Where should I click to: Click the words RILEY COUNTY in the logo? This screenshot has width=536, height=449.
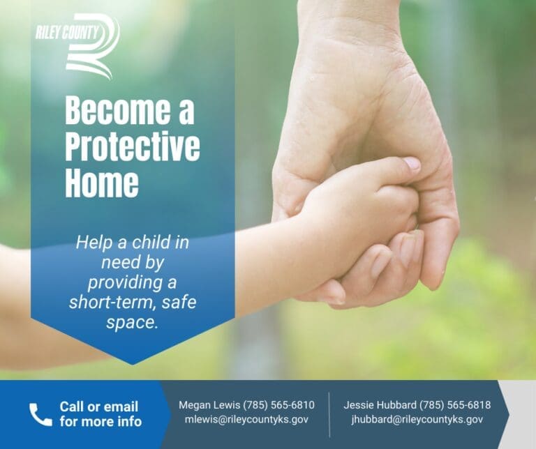[67, 33]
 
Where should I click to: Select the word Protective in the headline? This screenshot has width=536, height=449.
[133, 147]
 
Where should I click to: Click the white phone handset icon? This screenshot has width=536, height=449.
[40, 414]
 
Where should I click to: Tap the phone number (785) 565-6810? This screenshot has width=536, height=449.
[279, 405]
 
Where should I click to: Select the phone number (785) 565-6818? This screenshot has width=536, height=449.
[455, 405]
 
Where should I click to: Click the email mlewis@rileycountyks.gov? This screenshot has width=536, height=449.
[246, 419]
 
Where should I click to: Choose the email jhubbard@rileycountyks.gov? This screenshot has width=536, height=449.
[417, 419]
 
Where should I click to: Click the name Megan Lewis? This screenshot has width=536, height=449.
[209, 405]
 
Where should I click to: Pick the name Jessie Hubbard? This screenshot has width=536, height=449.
[380, 405]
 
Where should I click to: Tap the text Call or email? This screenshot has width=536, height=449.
[99, 406]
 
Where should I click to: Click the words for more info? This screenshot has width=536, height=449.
[100, 422]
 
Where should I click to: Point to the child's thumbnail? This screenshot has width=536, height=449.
[412, 164]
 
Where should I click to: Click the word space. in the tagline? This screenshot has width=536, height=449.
[132, 323]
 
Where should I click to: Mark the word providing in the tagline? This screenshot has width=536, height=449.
[122, 283]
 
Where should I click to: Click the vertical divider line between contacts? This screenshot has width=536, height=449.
[329, 414]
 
